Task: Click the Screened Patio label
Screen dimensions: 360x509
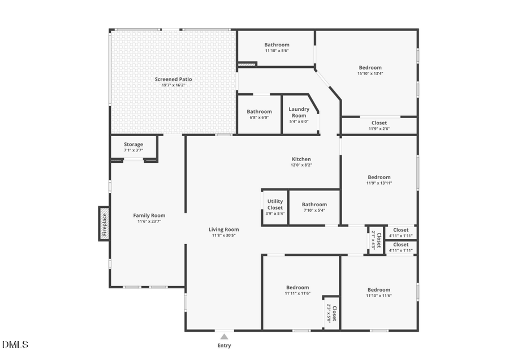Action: [x=174, y=79]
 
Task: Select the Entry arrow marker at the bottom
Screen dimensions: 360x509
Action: [x=224, y=336]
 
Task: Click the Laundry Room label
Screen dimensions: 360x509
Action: [x=299, y=112]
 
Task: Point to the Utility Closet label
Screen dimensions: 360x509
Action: [x=275, y=205]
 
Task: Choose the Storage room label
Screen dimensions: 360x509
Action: [x=133, y=145]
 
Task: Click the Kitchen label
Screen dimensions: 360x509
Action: [x=301, y=159]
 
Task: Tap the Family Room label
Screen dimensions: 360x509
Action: [x=149, y=215]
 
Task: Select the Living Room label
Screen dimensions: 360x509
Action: [x=224, y=229]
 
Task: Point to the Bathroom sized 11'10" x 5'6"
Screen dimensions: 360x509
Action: [x=277, y=45]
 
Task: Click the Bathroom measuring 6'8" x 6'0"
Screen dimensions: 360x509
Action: [x=259, y=112]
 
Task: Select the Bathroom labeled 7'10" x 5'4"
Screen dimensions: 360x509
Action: [x=314, y=205]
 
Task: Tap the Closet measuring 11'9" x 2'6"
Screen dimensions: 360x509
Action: [x=379, y=123]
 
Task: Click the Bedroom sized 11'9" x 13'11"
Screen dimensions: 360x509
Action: [x=379, y=177]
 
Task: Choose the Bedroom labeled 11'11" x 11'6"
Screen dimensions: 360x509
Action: [x=297, y=288]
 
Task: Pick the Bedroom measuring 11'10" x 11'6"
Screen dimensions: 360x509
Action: [x=379, y=290]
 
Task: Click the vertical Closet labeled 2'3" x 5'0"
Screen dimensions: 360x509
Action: [x=332, y=313]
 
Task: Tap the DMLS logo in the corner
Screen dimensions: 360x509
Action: [x=15, y=344]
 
